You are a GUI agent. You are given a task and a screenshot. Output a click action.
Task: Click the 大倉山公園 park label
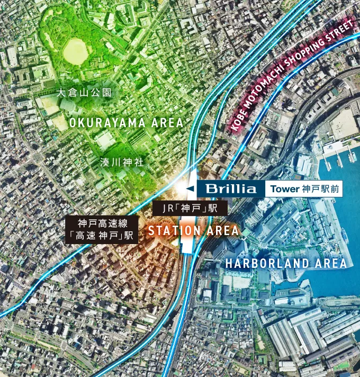click(84, 92)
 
